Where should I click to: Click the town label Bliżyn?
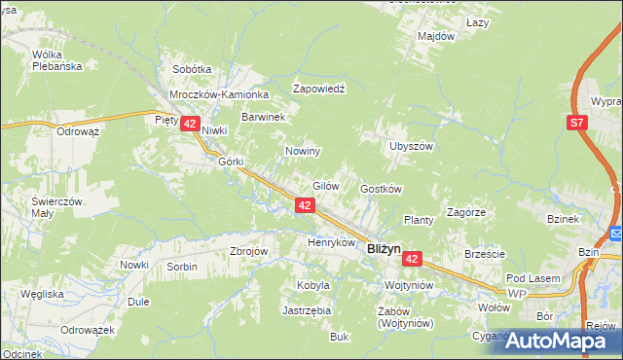pos(384,249)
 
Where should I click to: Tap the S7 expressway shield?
pos(577,123)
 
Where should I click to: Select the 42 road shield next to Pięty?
pos(190,124)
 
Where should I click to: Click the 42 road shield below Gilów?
pos(305,205)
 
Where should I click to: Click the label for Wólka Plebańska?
pos(54,60)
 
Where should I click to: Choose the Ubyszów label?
pos(410,145)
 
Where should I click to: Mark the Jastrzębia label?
pos(307,310)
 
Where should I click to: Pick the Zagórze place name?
pos(465,211)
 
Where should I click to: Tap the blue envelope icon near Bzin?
pos(616,234)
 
